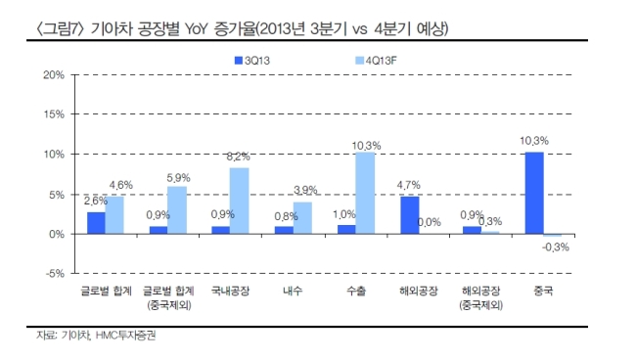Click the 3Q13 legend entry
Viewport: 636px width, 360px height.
(252, 61)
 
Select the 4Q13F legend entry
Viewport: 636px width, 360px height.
(376, 61)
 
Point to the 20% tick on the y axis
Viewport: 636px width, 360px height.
(54, 75)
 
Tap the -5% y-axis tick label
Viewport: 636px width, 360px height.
(55, 273)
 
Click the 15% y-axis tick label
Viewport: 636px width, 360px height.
(54, 114)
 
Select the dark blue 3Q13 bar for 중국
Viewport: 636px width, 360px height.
(534, 193)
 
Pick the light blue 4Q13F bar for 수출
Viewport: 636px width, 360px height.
(365, 193)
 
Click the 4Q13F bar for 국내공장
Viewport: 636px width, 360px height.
(240, 201)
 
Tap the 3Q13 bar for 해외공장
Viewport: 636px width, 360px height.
(410, 215)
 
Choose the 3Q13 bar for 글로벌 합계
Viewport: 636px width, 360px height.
(96, 223)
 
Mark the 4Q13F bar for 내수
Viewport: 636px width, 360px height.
(302, 218)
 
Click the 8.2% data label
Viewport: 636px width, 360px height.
(238, 157)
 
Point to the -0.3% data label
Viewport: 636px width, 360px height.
(556, 247)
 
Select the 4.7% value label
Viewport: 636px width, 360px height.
(408, 185)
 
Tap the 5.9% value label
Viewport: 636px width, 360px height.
(178, 178)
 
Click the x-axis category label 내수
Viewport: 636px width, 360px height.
(293, 291)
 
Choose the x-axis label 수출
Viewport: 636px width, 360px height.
(356, 291)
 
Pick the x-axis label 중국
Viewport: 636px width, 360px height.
(543, 291)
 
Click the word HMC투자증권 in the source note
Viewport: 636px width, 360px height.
(126, 336)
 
